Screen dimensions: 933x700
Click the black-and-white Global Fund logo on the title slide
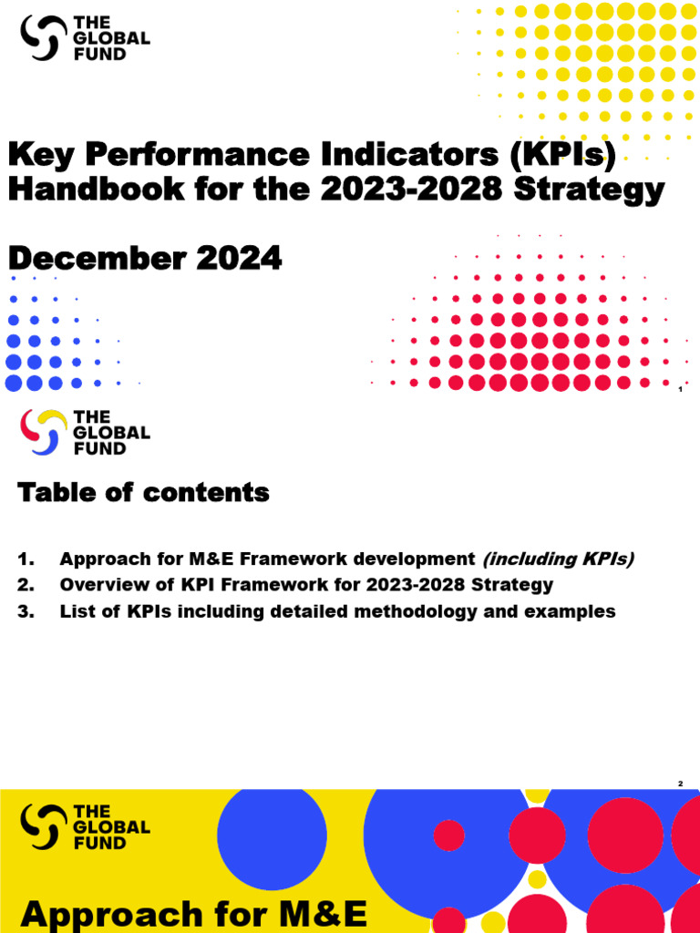click(x=85, y=38)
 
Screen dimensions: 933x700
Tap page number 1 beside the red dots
click(x=680, y=390)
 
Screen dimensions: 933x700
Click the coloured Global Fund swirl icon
click(x=44, y=432)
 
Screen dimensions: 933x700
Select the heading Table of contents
click(x=143, y=493)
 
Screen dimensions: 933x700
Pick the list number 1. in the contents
click(x=26, y=559)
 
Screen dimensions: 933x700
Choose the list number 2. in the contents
click(x=26, y=585)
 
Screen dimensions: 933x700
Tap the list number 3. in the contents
click(x=26, y=611)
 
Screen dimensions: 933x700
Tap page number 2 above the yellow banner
click(x=680, y=784)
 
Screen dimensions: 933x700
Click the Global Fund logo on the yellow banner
click(x=85, y=826)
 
